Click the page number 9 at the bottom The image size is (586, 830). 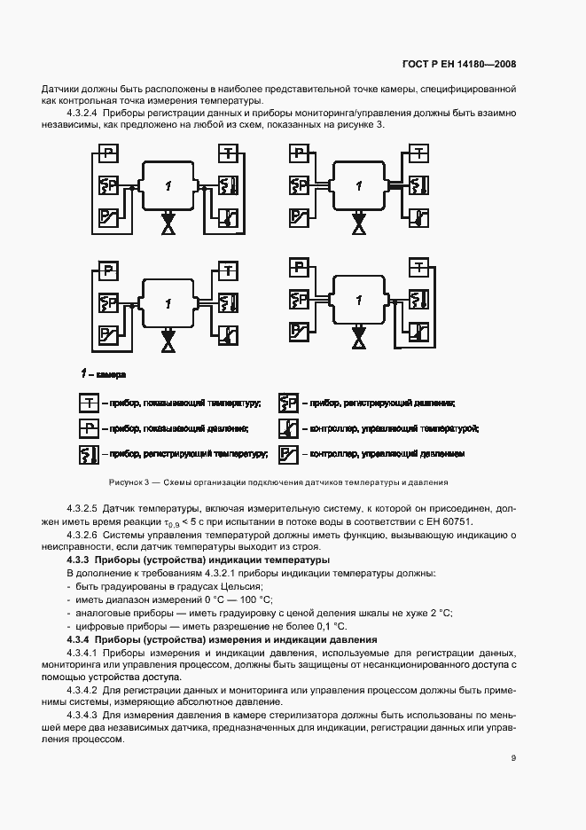(513, 757)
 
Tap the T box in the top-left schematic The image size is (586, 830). (228, 154)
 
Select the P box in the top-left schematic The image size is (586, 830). (107, 154)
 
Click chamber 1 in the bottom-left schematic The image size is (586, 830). (168, 303)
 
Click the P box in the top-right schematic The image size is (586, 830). (299, 154)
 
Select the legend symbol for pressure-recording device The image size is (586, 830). (288, 403)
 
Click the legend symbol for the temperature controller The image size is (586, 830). (288, 428)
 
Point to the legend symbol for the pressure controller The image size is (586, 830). (288, 454)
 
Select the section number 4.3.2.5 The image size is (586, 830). (82, 510)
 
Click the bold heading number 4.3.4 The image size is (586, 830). (81, 639)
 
